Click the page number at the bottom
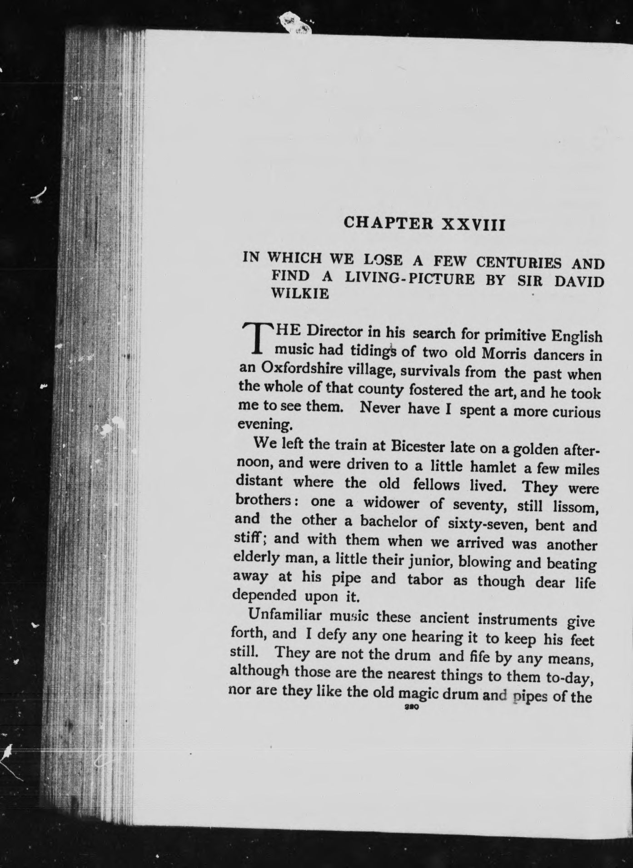pos(410,708)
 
